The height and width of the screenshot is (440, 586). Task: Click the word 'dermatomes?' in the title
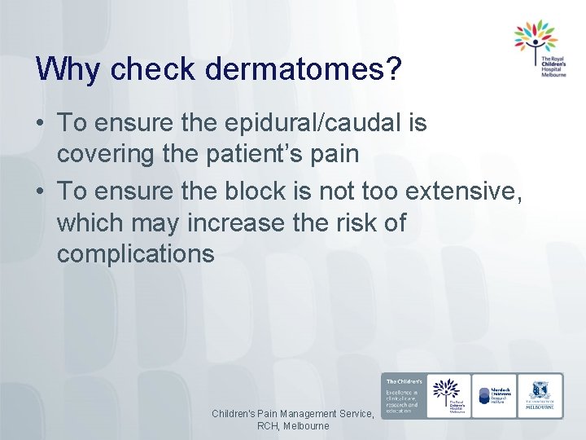(x=304, y=70)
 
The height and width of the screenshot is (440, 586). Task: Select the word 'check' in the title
(x=151, y=70)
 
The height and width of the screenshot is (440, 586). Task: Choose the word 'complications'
(x=136, y=254)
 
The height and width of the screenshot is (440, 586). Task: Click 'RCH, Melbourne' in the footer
(x=293, y=426)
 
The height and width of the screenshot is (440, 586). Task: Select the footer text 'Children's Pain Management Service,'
(x=293, y=414)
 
